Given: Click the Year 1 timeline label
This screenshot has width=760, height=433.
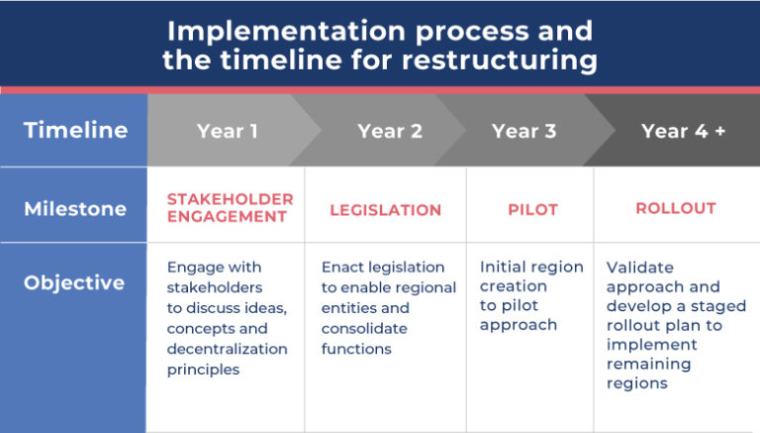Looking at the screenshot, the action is pos(228,131).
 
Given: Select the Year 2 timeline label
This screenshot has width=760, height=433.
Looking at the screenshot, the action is pos(390,131).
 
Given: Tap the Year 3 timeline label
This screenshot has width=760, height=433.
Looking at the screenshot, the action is pos(523,131).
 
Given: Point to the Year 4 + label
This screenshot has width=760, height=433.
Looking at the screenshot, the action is pos(684,131).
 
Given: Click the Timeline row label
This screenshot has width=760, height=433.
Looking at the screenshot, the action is pos(75,130).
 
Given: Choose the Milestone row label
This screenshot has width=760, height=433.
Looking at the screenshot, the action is pos(75,209).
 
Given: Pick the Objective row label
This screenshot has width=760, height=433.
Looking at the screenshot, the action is pos(74,283).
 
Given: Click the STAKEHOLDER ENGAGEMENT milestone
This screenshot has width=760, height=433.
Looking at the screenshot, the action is pos(231,208).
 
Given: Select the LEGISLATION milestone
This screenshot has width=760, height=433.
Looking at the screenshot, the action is pos(386,210).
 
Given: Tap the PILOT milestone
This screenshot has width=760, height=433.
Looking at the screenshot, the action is pos(532,210).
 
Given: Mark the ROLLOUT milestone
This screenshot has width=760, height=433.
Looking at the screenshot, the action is pos(676,208).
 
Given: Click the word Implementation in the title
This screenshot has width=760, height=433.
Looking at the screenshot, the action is pos(286,32).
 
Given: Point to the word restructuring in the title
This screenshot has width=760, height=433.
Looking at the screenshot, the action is pos(499,60).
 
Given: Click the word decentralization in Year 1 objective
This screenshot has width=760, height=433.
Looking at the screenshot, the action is pos(228,349).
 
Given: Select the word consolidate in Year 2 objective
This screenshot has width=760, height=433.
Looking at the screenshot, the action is pos(364,329).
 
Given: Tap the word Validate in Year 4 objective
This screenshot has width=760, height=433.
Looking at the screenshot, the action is pos(640,268).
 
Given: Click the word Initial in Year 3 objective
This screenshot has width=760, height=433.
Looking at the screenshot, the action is pos(499,267).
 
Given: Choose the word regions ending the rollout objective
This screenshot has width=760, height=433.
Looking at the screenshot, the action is pos(637,383).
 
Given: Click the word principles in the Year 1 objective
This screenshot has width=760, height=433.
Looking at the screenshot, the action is pos(203,370).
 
